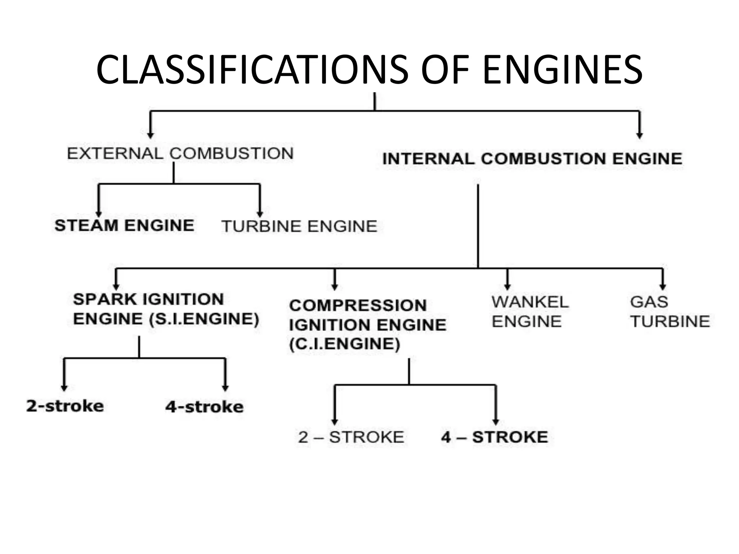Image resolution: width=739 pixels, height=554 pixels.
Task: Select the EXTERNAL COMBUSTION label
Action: pyautogui.click(x=180, y=154)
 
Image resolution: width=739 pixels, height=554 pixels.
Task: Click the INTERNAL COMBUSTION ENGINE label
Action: pyautogui.click(x=532, y=159)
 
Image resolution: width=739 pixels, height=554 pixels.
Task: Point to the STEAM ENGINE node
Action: pyautogui.click(x=124, y=226)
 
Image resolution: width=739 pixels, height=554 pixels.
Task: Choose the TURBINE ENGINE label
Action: pyautogui.click(x=299, y=227)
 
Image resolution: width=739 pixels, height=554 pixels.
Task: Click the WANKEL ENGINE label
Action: pyautogui.click(x=530, y=311)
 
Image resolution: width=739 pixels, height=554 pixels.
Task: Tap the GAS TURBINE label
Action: pyautogui.click(x=669, y=311)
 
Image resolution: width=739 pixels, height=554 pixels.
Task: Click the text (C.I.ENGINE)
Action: pyautogui.click(x=345, y=344)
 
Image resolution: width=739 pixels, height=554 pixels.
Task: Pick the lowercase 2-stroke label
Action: pyautogui.click(x=65, y=406)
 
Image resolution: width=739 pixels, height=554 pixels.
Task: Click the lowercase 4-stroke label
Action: pyautogui.click(x=204, y=407)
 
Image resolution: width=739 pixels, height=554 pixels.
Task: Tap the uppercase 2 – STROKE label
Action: pyautogui.click(x=351, y=437)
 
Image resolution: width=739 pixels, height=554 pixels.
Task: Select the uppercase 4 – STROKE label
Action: pyautogui.click(x=494, y=437)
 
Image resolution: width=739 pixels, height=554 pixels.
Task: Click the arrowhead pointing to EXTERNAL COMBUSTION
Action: pyautogui.click(x=150, y=135)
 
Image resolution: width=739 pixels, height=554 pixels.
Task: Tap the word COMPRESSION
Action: pyautogui.click(x=358, y=305)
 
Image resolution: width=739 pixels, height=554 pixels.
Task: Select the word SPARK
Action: pyautogui.click(x=105, y=299)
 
